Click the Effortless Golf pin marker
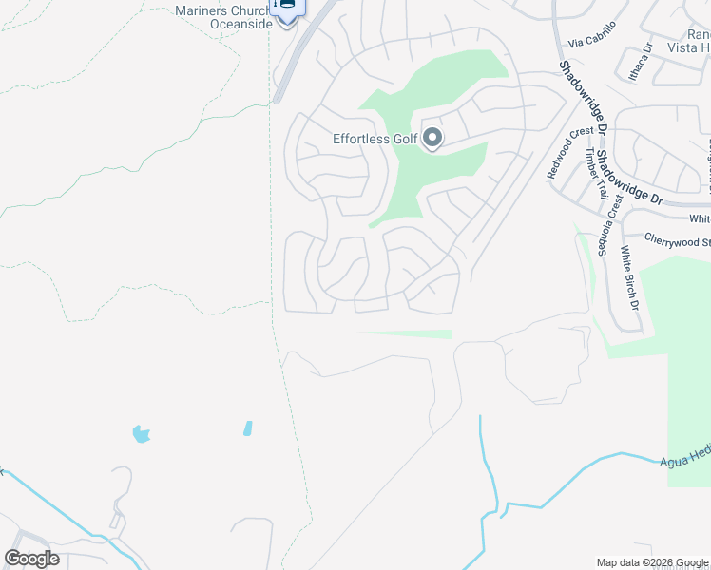[432, 139]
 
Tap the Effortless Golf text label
[375, 139]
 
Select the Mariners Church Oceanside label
[223, 17]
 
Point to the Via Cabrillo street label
[592, 35]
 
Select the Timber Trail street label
[595, 173]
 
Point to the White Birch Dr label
[627, 279]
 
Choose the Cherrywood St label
[676, 240]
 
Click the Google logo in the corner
[31, 559]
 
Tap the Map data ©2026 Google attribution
[652, 562]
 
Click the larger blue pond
[142, 434]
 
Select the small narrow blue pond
[248, 428]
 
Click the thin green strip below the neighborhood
[404, 333]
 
